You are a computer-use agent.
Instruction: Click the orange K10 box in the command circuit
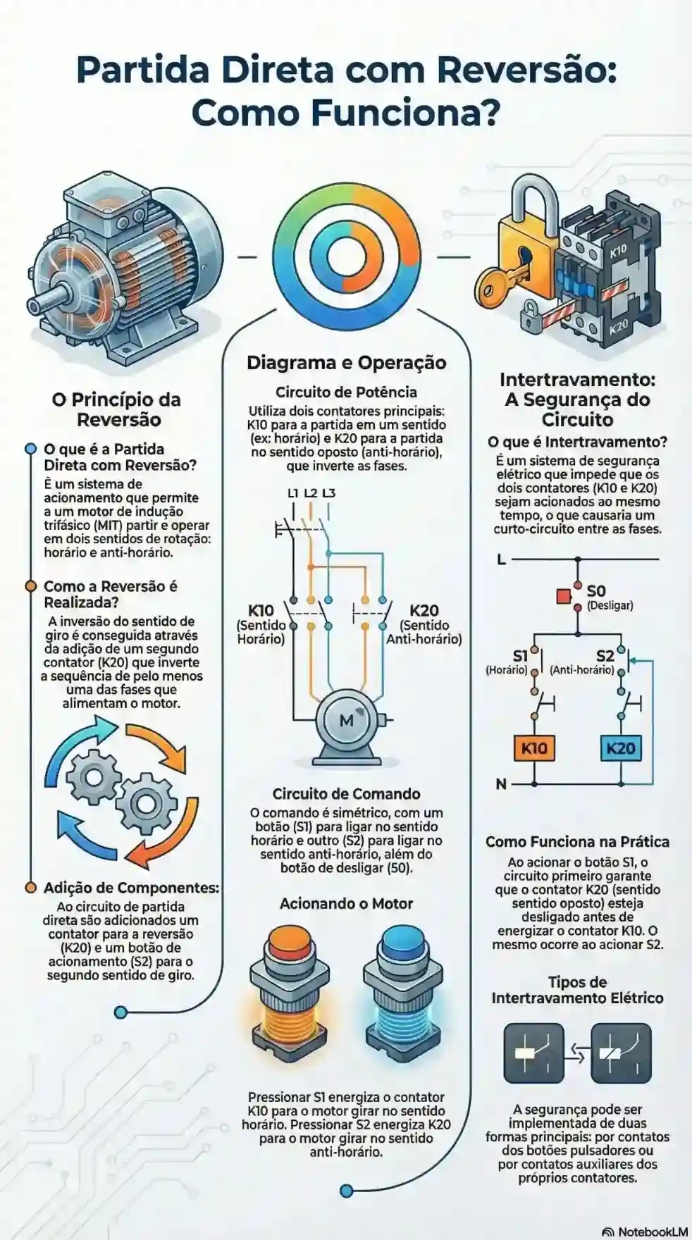534,748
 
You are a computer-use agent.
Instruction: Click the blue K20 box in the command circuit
620,748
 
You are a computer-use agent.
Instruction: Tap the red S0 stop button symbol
564,597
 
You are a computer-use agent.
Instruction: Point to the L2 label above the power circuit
310,492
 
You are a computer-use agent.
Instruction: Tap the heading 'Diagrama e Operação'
346,363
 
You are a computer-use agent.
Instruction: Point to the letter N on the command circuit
501,784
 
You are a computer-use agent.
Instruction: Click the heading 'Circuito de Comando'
346,794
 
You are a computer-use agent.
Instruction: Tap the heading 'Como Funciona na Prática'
577,842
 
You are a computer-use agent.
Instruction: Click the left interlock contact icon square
533,1053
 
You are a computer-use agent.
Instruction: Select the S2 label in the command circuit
605,656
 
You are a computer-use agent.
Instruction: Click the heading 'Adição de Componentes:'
131,888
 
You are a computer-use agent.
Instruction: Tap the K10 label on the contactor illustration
617,250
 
